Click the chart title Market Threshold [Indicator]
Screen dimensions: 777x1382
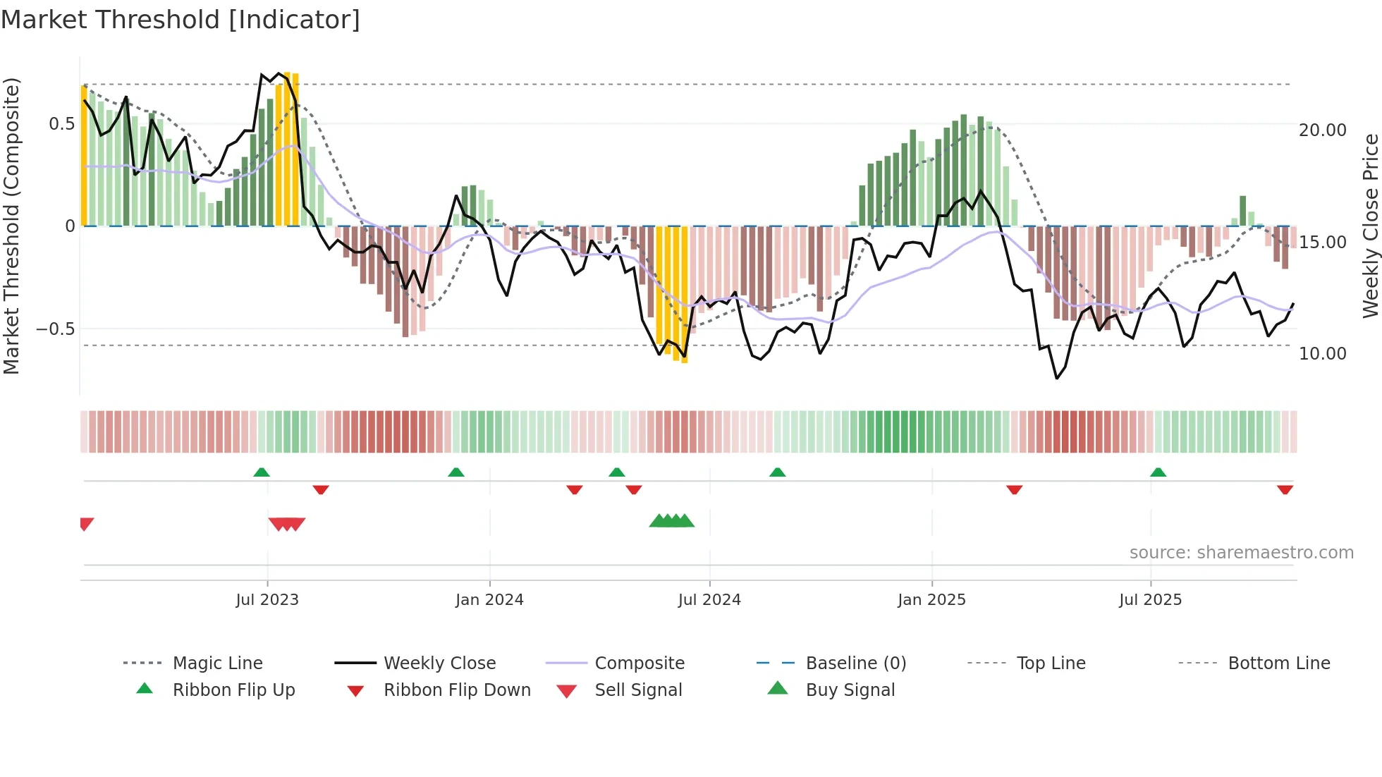[181, 20]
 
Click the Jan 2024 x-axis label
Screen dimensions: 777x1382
[489, 600]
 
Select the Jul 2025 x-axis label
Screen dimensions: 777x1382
[1150, 600]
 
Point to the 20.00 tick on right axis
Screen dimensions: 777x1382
[1322, 130]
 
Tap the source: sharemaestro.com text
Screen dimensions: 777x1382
[1241, 553]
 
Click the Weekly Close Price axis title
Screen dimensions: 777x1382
[1370, 226]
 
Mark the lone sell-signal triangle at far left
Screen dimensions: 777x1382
[86, 523]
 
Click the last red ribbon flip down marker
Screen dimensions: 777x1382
[1285, 489]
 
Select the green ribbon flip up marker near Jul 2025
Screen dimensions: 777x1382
[1158, 472]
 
